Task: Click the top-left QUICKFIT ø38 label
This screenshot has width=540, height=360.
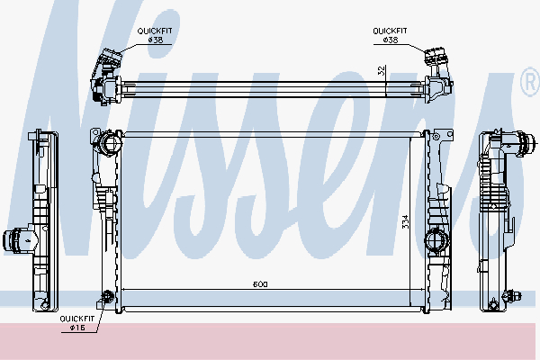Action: (x=155, y=35)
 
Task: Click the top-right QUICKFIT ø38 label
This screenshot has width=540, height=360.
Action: (x=391, y=35)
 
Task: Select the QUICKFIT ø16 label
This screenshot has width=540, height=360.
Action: (x=77, y=323)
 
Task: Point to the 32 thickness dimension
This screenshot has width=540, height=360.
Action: (x=382, y=70)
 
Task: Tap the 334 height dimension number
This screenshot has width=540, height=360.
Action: (x=405, y=222)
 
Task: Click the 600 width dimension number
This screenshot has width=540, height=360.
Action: (x=260, y=284)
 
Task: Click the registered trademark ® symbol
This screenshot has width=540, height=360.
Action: (x=531, y=82)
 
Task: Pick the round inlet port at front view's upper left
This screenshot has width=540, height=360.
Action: (x=110, y=142)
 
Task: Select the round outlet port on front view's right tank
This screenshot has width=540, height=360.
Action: (x=436, y=238)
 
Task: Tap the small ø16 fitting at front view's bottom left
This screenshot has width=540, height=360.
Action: (x=108, y=297)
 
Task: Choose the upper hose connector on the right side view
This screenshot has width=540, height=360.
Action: (x=523, y=143)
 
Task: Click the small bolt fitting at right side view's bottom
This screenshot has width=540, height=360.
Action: (x=511, y=295)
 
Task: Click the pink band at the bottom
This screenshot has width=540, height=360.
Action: (x=267, y=341)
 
